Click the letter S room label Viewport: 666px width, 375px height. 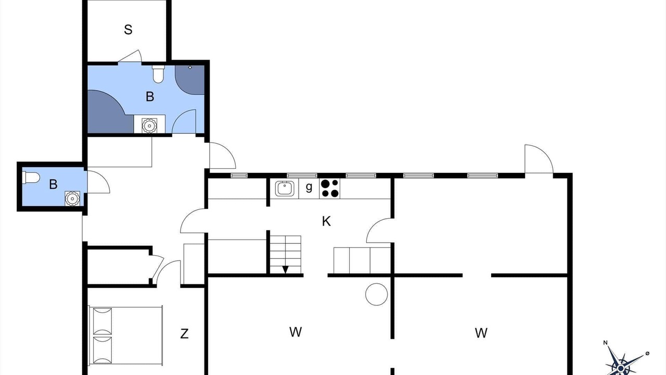click(x=128, y=30)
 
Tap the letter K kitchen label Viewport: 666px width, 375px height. click(x=326, y=221)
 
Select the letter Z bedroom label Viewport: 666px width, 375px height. click(x=184, y=334)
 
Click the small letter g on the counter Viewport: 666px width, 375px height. click(x=309, y=187)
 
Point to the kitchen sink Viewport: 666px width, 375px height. click(x=285, y=189)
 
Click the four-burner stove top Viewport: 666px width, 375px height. click(x=330, y=189)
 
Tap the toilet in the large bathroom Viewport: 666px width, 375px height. click(x=158, y=74)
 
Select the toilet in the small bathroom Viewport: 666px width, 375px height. click(x=31, y=178)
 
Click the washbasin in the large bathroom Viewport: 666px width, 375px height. click(x=149, y=126)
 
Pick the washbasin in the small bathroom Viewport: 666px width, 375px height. click(x=72, y=198)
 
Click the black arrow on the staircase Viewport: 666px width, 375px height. click(x=286, y=270)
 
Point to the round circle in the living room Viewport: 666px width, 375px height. click(x=376, y=294)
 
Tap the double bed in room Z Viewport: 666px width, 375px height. click(x=126, y=336)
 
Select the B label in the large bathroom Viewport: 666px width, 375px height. click(x=150, y=97)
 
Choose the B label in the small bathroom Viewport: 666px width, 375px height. click(x=53, y=184)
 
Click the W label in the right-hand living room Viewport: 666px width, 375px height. click(x=481, y=333)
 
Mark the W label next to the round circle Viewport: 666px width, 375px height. click(x=296, y=332)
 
